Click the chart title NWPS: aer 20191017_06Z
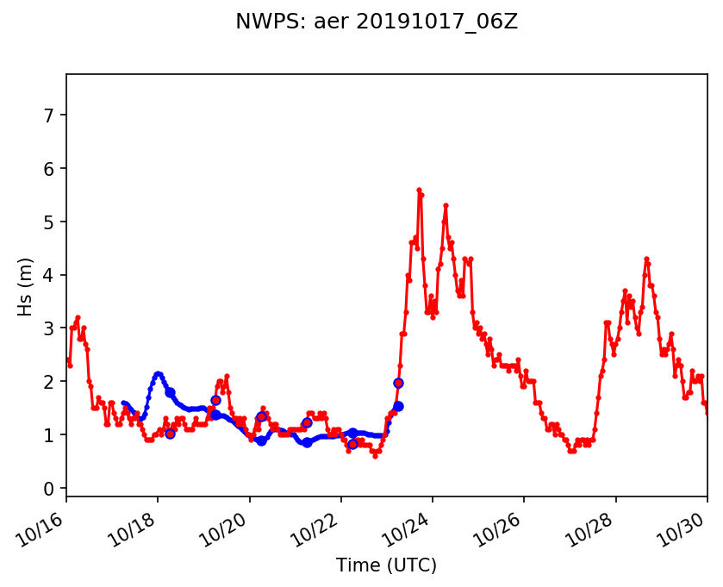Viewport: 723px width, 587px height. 377,22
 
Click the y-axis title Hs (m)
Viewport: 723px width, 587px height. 26,286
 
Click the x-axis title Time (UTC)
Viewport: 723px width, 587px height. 386,565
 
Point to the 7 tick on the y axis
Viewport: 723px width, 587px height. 50,116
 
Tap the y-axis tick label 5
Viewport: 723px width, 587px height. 50,222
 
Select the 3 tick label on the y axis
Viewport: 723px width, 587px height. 50,328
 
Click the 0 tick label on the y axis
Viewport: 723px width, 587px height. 50,489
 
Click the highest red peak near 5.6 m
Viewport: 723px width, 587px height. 419,190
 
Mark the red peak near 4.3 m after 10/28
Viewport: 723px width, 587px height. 646,259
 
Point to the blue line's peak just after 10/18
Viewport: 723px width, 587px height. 158,374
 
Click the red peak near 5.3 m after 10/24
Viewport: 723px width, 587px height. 446,206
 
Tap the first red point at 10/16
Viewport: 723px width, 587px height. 67,360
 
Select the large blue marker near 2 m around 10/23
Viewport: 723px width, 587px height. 398,383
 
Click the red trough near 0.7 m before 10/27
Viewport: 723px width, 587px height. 570,451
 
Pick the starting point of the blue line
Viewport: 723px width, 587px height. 123,403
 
